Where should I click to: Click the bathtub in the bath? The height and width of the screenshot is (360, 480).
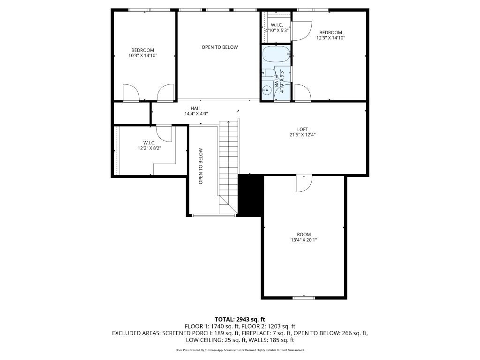276,54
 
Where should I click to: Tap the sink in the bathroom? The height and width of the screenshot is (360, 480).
267,91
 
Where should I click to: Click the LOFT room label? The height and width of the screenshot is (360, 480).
303,129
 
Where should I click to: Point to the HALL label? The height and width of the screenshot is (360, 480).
196,108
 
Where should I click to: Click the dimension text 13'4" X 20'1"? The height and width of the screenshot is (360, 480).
304,240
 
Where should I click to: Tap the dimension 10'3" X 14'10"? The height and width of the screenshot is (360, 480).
142,56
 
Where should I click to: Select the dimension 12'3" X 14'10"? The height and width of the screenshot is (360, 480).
330,38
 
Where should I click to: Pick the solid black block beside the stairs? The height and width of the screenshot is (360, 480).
250,195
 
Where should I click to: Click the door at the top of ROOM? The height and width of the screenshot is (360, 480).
304,183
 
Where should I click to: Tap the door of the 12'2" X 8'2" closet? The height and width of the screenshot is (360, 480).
164,132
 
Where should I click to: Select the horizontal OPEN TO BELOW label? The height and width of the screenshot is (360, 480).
219,47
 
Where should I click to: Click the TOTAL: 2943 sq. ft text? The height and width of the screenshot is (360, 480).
240,320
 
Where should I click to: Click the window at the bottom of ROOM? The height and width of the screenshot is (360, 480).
304,297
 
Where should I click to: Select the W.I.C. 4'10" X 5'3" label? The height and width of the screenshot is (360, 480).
276,28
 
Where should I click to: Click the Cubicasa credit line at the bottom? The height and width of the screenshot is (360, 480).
240,350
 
